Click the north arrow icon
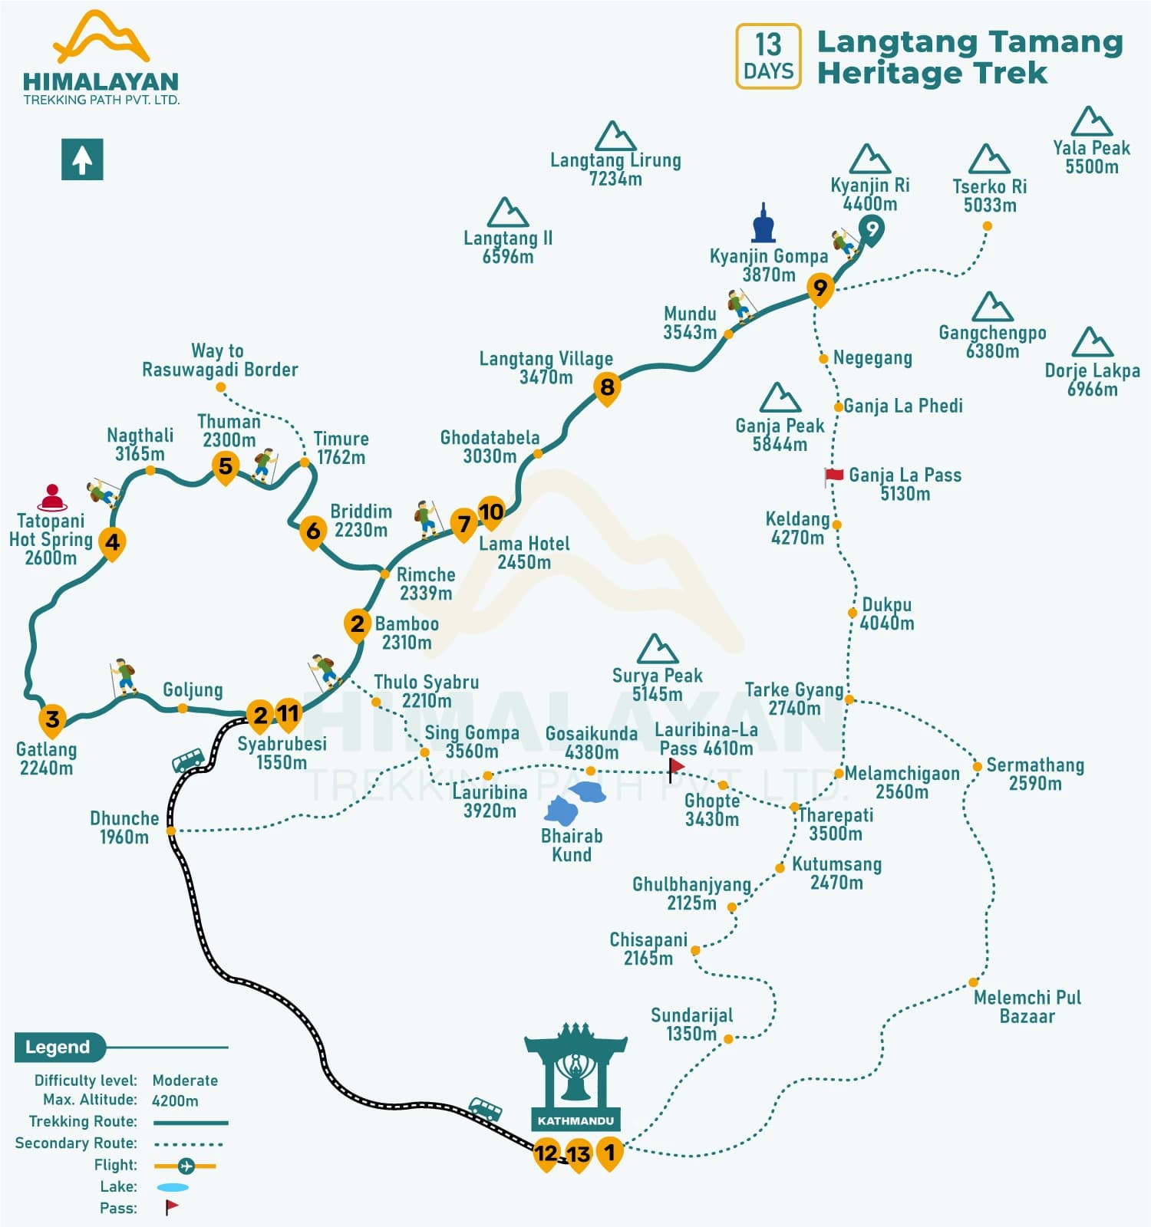pyautogui.click(x=82, y=160)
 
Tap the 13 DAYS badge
pyautogui.click(x=768, y=56)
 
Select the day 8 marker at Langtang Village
pyautogui.click(x=607, y=387)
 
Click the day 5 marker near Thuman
pyautogui.click(x=225, y=465)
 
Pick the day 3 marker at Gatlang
pyautogui.click(x=52, y=719)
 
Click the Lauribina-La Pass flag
pyautogui.click(x=675, y=767)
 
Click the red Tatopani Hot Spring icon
pyautogui.click(x=51, y=497)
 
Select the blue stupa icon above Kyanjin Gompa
pyautogui.click(x=763, y=224)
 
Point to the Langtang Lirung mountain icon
pyautogui.click(x=615, y=136)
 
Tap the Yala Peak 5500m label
pyautogui.click(x=1091, y=157)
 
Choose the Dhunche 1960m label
pyautogui.click(x=124, y=827)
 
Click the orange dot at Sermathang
pyautogui.click(x=977, y=766)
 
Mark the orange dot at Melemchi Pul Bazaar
pyautogui.click(x=973, y=982)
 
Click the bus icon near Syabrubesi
pyautogui.click(x=188, y=760)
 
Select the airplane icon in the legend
pyautogui.click(x=186, y=1166)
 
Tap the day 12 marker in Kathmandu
pyautogui.click(x=546, y=1153)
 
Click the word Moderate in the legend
pyautogui.click(x=185, y=1080)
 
